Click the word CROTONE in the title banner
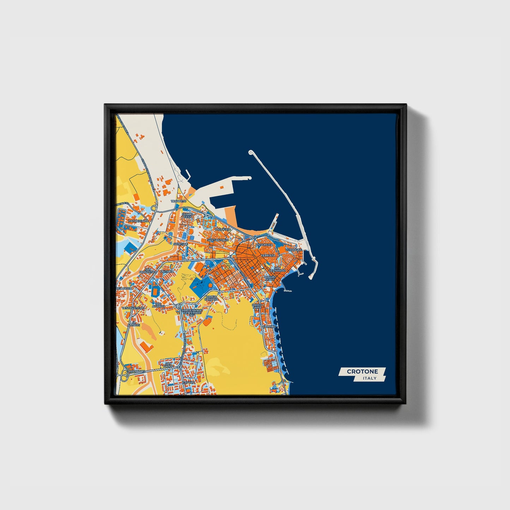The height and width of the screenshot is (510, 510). tap(362, 371)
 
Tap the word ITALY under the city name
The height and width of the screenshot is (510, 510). tap(370, 378)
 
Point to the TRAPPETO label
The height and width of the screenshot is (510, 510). tap(178, 201)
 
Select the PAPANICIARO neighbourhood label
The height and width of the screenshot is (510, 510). tap(138, 221)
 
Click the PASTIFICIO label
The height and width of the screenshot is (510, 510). tap(223, 229)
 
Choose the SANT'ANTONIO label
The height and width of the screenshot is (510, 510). tap(218, 240)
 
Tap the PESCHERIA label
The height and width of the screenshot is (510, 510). tap(265, 245)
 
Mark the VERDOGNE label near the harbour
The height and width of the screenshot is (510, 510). tap(294, 250)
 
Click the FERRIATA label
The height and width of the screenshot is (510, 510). tap(268, 255)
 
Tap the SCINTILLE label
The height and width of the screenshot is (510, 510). tap(181, 244)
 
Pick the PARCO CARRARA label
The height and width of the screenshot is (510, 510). tap(211, 298)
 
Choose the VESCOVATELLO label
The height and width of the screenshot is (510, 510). tap(133, 308)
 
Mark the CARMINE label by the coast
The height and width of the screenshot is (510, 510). tap(269, 326)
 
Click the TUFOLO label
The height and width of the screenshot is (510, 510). tap(189, 382)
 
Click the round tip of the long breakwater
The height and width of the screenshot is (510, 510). tap(251, 152)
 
